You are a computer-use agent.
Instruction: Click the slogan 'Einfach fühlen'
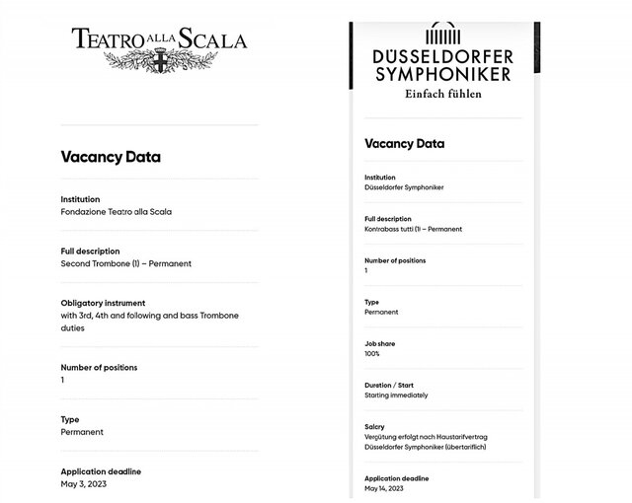coord(443,95)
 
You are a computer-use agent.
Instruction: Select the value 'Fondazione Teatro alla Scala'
coord(117,212)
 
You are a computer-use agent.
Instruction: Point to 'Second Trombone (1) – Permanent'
coord(125,263)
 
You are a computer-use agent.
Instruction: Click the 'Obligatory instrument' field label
coord(103,303)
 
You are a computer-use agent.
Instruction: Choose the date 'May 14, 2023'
coord(384,488)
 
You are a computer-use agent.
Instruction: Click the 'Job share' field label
coord(379,343)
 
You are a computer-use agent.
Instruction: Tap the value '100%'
coord(372,353)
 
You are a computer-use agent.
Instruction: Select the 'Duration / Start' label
coord(389,385)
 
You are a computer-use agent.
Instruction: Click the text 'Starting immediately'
coord(396,395)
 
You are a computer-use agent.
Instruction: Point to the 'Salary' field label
coord(374,427)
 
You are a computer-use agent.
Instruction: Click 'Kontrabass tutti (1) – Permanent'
coord(413,229)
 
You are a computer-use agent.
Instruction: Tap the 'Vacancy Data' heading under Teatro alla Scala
coord(111,157)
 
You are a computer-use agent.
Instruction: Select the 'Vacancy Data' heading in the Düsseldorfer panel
coord(405,144)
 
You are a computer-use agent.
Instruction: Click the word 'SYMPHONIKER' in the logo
coord(443,74)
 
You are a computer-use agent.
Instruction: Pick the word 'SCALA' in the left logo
coord(212,40)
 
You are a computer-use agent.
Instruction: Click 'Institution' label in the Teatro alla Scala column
coord(80,199)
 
